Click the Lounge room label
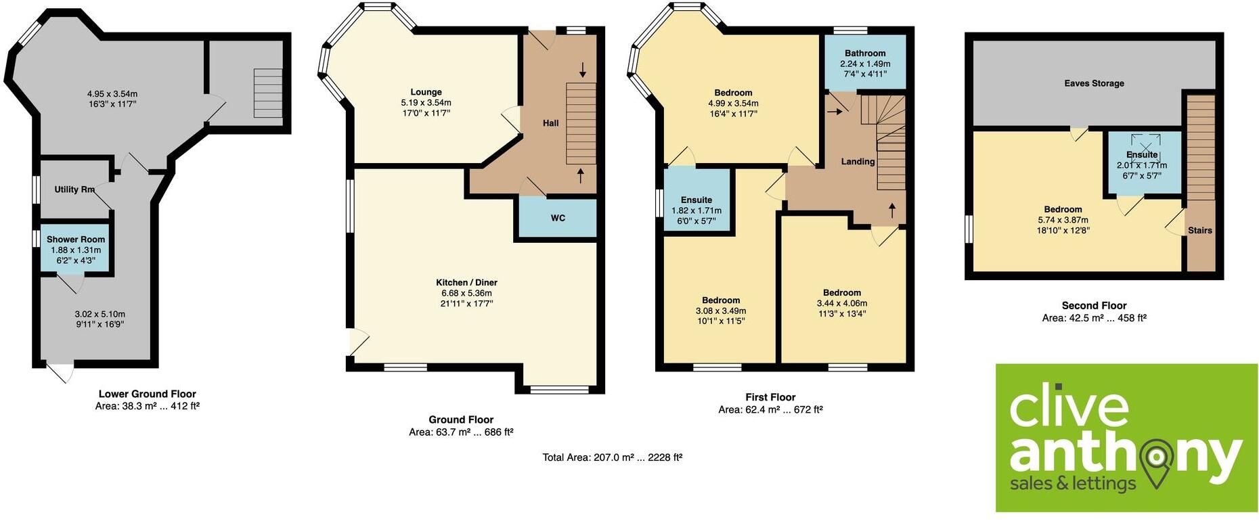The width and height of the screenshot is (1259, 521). click(426, 92)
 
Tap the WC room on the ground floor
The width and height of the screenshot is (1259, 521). click(558, 218)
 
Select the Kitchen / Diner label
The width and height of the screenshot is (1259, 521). click(466, 282)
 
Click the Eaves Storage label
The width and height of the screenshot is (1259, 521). click(1094, 83)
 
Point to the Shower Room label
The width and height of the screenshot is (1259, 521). click(76, 240)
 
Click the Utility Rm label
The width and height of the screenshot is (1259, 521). click(74, 189)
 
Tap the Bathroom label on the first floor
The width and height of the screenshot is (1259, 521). click(864, 53)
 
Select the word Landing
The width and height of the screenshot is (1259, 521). click(858, 162)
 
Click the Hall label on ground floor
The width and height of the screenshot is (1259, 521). click(550, 123)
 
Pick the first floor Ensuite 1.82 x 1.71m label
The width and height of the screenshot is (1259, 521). click(697, 210)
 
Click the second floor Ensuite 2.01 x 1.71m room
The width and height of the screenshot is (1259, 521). click(1142, 164)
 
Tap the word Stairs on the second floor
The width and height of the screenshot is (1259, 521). click(1199, 231)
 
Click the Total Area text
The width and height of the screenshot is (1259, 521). click(612, 457)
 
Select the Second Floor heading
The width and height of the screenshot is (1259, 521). click(1094, 306)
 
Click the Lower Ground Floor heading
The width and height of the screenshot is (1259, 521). click(147, 394)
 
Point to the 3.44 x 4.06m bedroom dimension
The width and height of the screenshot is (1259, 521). click(841, 303)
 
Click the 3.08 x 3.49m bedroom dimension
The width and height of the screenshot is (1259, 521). click(721, 311)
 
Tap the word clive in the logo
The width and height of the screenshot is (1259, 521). click(1069, 406)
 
